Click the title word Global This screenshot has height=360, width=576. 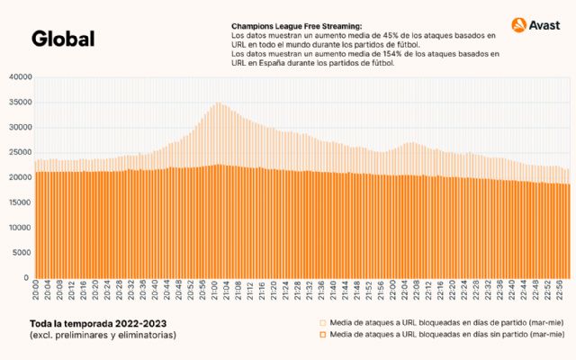62,39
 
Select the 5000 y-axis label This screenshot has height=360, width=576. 21,253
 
